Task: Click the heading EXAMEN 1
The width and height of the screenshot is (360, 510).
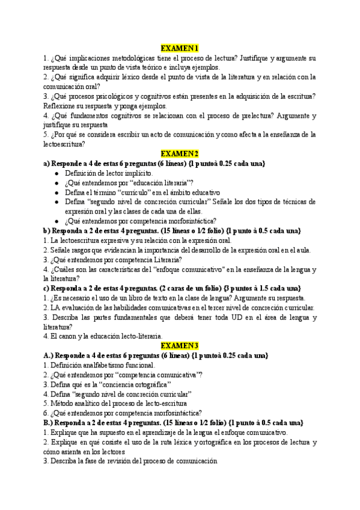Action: click(180, 49)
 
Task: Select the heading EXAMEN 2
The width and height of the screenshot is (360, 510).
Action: click(180, 154)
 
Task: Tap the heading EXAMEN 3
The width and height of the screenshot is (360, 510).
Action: click(180, 346)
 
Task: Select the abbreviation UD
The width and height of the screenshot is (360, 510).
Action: click(228, 317)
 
